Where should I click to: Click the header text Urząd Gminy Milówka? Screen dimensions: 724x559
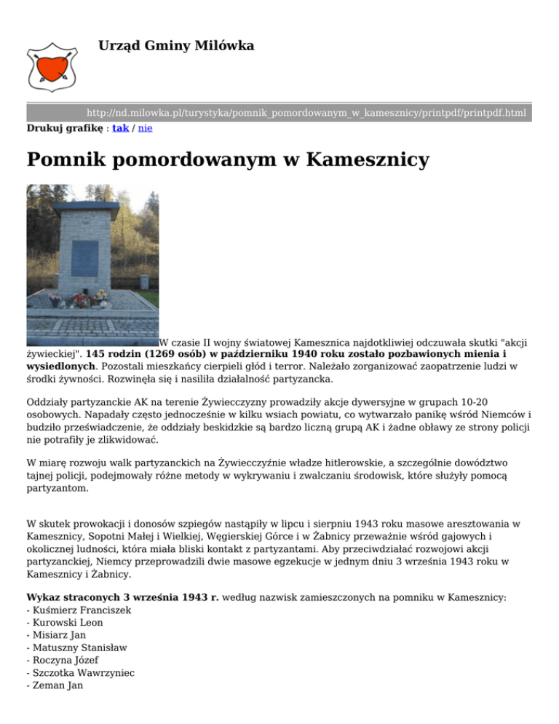(x=176, y=47)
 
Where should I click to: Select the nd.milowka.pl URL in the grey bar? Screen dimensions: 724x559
(x=306, y=113)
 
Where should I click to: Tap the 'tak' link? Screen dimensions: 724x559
(x=121, y=127)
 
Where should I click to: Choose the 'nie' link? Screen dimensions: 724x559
(x=145, y=127)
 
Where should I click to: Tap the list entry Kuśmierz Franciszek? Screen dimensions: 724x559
(x=80, y=610)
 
